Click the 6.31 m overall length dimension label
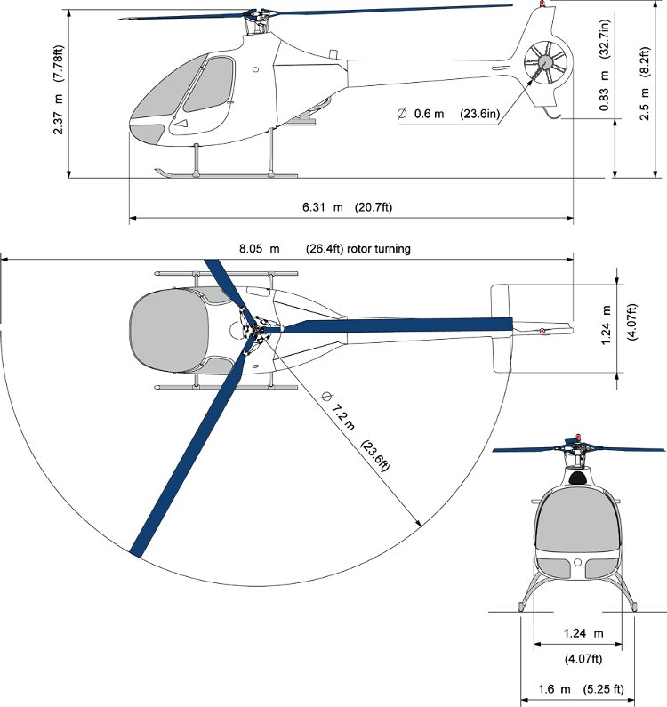tap(347, 207)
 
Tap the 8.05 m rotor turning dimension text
tap(325, 249)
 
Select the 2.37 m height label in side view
tap(58, 90)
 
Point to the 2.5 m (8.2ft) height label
tap(645, 84)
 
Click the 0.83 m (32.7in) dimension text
tap(605, 65)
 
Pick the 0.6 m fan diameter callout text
tap(449, 114)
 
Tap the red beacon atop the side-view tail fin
tap(542, 4)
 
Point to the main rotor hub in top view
tap(256, 331)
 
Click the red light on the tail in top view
tap(542, 332)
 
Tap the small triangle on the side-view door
tap(181, 123)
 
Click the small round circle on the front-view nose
tap(578, 562)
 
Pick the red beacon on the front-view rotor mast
tap(579, 437)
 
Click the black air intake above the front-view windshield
tap(578, 478)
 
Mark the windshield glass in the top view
tap(169, 331)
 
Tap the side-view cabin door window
tap(210, 84)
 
